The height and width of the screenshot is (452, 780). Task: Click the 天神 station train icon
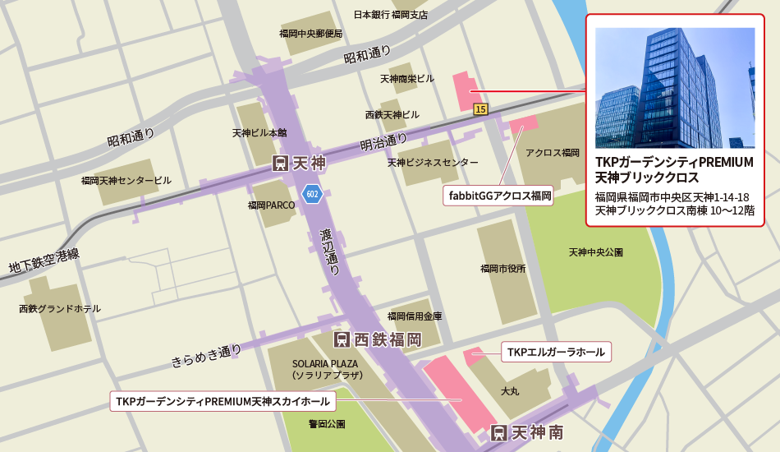click(x=280, y=164)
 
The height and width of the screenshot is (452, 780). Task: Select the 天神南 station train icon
click(x=498, y=432)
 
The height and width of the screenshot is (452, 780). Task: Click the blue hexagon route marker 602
click(x=311, y=194)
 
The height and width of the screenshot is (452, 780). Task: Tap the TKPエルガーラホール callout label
click(x=556, y=353)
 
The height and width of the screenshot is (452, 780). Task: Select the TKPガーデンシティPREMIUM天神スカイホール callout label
click(x=223, y=402)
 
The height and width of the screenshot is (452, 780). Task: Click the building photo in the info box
click(x=674, y=88)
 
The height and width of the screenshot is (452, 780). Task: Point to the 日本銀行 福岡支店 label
click(x=391, y=14)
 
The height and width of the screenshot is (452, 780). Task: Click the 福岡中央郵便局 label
click(x=310, y=34)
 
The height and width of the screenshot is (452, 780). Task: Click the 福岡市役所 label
click(x=502, y=268)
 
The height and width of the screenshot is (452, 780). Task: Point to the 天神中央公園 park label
click(x=596, y=251)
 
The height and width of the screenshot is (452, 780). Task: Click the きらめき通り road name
click(x=206, y=355)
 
